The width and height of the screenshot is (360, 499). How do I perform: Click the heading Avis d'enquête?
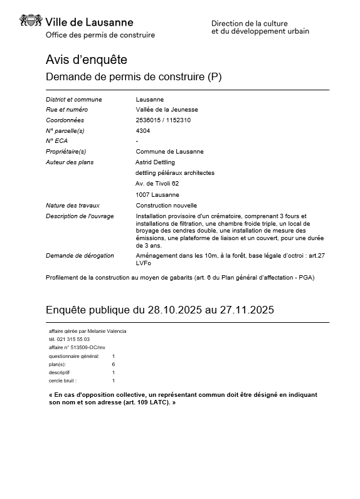click(x=87, y=60)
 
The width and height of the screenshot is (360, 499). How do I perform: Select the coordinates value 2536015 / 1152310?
click(x=163, y=120)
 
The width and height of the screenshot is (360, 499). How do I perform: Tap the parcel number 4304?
click(x=143, y=130)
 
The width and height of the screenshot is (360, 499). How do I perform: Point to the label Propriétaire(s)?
click(x=66, y=152)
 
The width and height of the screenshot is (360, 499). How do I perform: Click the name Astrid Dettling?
click(x=156, y=162)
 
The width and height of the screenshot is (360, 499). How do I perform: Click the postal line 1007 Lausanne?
click(x=156, y=194)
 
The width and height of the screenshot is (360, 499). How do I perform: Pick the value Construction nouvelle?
click(x=166, y=205)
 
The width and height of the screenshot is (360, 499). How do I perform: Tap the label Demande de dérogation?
click(x=80, y=256)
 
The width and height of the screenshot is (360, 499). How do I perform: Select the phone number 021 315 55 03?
click(x=73, y=339)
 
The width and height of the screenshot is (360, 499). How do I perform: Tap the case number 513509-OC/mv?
click(x=90, y=347)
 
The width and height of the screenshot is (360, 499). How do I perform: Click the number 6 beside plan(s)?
click(x=114, y=364)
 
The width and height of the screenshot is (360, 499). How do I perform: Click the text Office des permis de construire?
click(x=100, y=35)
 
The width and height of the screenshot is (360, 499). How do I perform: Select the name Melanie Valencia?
click(x=109, y=331)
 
